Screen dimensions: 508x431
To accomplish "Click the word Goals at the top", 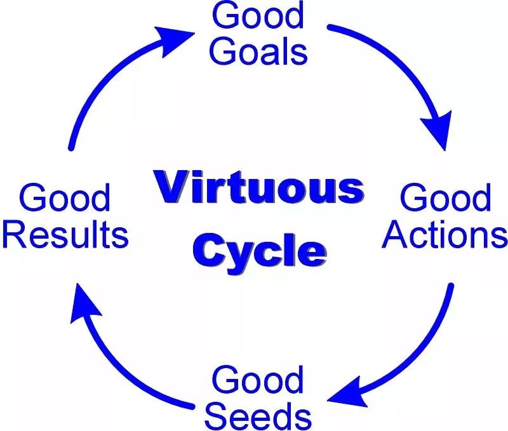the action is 258,51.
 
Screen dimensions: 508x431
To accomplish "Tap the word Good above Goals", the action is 258,15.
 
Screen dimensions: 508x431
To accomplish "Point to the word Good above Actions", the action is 446,197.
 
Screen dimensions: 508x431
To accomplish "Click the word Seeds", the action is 258,416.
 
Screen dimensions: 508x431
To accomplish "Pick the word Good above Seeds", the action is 258,380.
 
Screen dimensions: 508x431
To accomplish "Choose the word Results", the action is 65,234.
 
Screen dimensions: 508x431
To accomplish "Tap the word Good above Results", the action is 65,197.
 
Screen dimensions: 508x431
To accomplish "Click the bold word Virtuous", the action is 259,187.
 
